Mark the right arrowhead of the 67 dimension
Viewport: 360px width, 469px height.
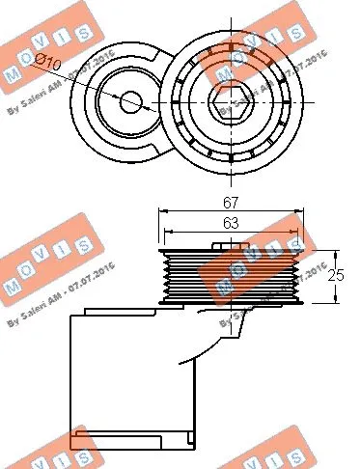pyautogui.click(x=300, y=210)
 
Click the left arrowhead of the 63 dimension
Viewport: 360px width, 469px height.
pyautogui.click(x=168, y=233)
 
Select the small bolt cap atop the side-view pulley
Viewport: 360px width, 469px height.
pyautogui.click(x=225, y=246)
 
